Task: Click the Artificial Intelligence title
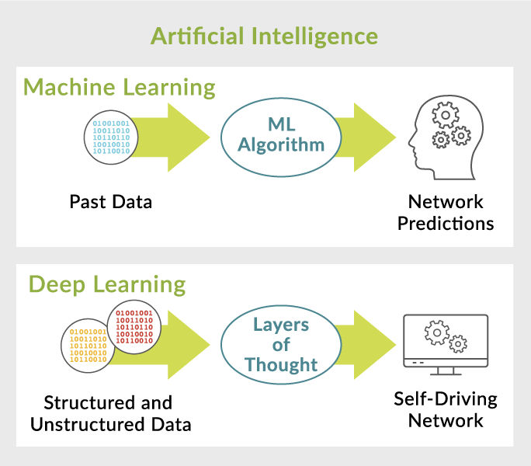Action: pyautogui.click(x=265, y=36)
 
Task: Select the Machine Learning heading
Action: pyautogui.click(x=120, y=87)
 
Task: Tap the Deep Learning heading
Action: pyautogui.click(x=107, y=284)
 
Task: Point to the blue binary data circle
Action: pyautogui.click(x=112, y=137)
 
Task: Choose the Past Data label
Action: pyautogui.click(x=110, y=203)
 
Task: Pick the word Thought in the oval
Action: pyautogui.click(x=280, y=364)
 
